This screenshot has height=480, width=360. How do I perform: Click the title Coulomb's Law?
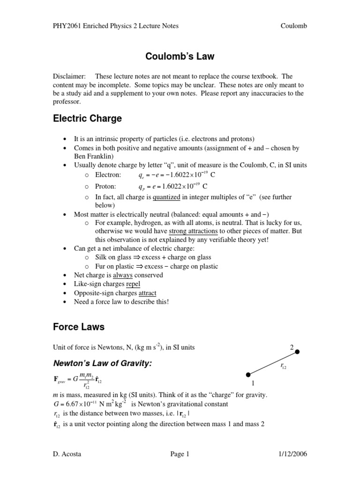tap(180, 57)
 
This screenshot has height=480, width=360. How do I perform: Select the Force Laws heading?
tap(78, 326)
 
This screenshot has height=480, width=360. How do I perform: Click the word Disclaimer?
tap(68, 76)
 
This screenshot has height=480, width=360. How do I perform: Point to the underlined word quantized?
tap(166, 197)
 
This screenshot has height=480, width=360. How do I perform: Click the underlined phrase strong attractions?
tap(193, 231)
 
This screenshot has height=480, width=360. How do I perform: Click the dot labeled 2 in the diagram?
tap(297, 352)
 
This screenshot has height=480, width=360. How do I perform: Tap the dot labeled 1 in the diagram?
tap(248, 374)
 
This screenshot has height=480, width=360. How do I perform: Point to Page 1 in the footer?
tap(180, 454)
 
